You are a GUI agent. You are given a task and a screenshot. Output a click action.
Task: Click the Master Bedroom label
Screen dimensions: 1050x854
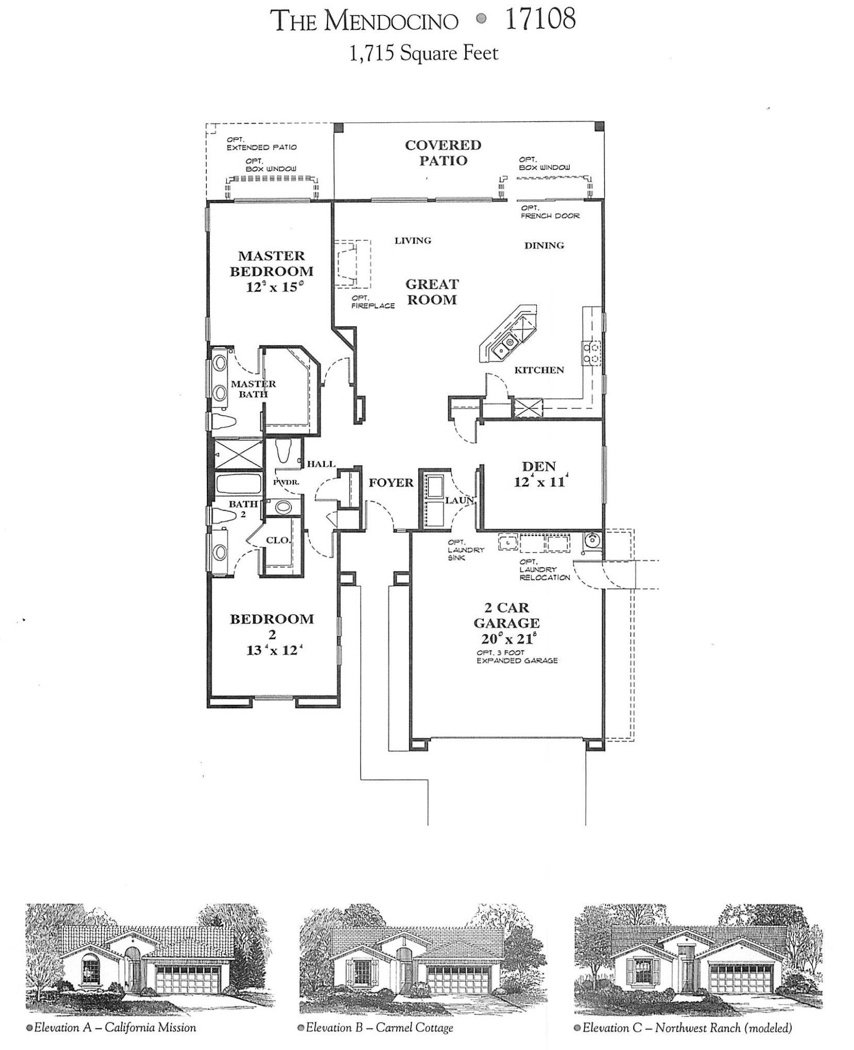(271, 263)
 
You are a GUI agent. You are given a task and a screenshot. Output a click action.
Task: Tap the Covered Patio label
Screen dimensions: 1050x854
(442, 153)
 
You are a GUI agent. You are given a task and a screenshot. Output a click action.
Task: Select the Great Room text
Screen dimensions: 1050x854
(432, 292)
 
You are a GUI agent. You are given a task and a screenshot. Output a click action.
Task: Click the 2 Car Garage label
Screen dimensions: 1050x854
(506, 615)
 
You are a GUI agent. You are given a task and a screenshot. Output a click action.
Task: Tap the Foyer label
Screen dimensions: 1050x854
(390, 483)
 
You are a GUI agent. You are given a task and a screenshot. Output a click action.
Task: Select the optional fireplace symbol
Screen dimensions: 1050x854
(352, 265)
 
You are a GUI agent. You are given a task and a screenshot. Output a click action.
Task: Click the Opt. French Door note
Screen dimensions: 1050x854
(550, 212)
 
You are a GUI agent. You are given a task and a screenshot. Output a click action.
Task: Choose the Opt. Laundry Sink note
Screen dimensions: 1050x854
(465, 550)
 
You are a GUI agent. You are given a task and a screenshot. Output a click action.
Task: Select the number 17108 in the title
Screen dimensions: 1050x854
(540, 20)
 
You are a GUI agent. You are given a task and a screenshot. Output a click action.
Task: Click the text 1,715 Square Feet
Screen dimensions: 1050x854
(423, 53)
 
